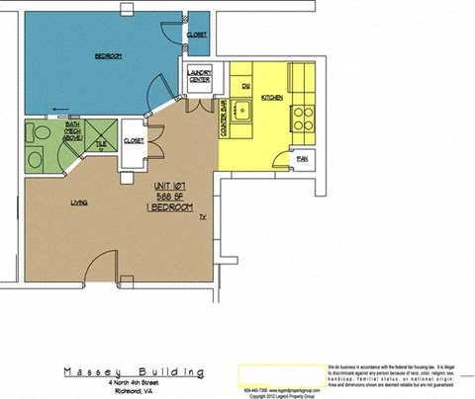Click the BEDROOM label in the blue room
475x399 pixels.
pyautogui.click(x=108, y=56)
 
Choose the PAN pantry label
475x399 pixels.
pyautogui.click(x=301, y=160)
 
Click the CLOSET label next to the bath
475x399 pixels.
pyautogui.click(x=134, y=140)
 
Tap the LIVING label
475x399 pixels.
pyautogui.click(x=80, y=201)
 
